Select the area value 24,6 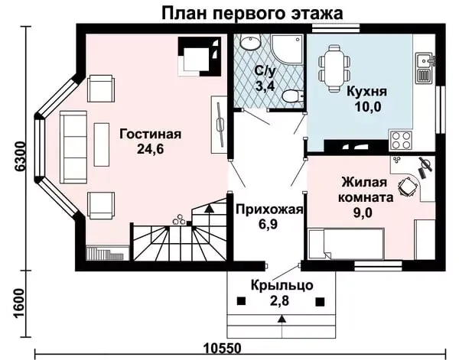150,150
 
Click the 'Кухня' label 366,91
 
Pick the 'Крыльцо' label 281,286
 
